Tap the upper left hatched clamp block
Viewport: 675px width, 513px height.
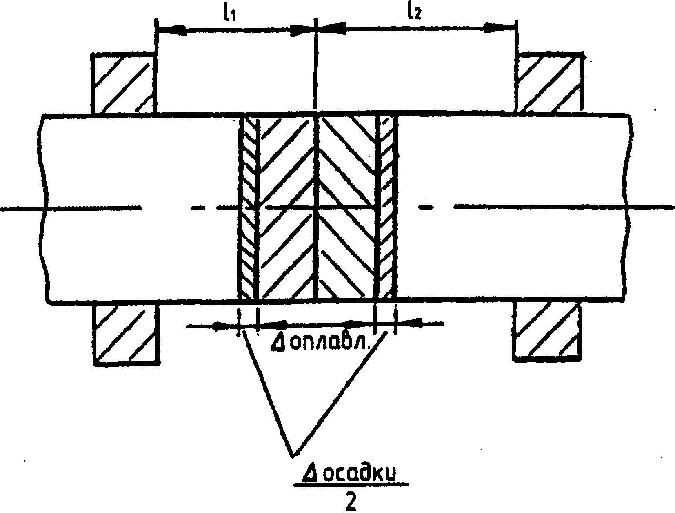pyautogui.click(x=122, y=83)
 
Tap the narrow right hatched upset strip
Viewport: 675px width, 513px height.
pyautogui.click(x=386, y=208)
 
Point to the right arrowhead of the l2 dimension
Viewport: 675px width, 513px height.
pyautogui.click(x=500, y=28)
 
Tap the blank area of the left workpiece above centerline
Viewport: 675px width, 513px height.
pyautogui.click(x=139, y=159)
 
